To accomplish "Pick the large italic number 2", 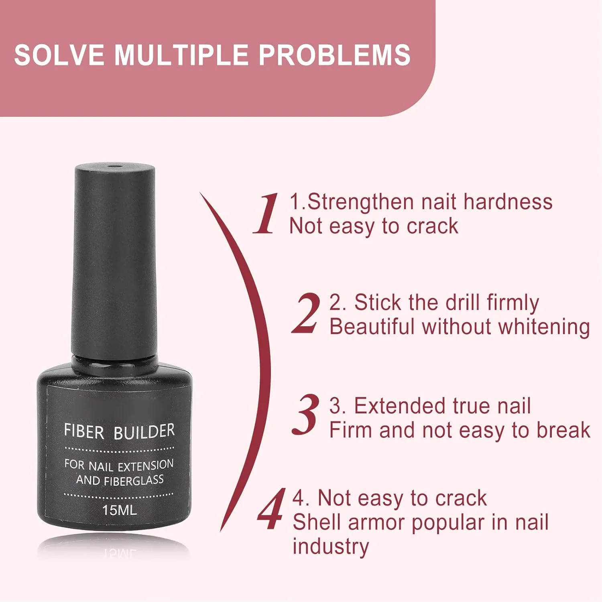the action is click(x=306, y=313).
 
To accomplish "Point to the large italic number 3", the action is click(x=306, y=415).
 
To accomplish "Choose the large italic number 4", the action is click(x=272, y=509).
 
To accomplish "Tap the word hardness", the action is click(x=508, y=201).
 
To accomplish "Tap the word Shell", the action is click(x=317, y=523).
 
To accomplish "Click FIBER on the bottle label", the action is click(x=84, y=431).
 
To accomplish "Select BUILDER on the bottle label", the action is click(x=144, y=431).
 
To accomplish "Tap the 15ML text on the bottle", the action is click(x=119, y=510).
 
